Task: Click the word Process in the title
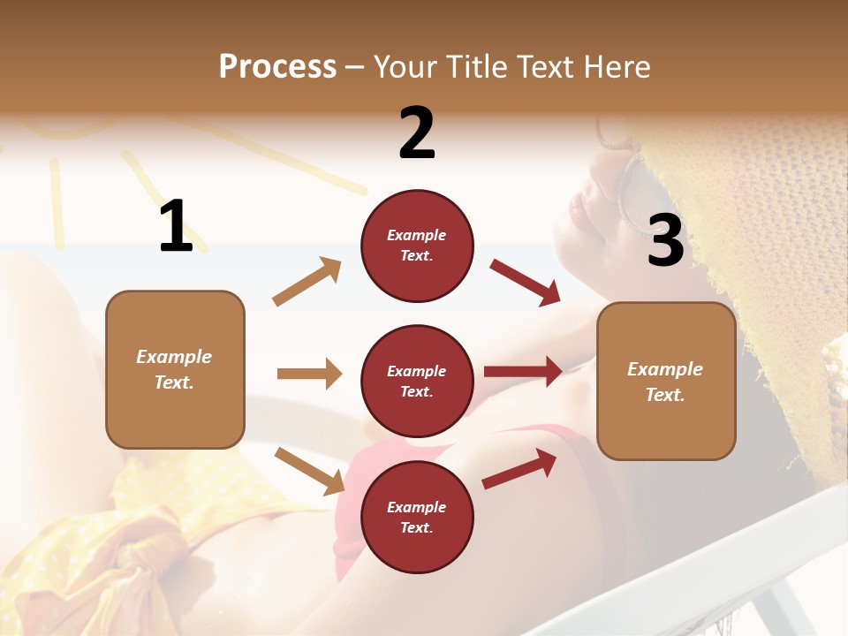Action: (x=277, y=66)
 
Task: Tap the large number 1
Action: (x=176, y=226)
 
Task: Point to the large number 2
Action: (x=417, y=133)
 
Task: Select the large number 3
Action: (x=665, y=241)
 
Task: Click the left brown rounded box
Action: (x=175, y=369)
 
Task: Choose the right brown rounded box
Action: (x=666, y=381)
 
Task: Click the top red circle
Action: (x=417, y=246)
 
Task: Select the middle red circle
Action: (x=417, y=381)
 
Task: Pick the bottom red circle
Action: (x=417, y=517)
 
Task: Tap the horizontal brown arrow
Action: (x=309, y=374)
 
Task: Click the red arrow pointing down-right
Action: (x=526, y=282)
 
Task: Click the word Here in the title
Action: (x=617, y=66)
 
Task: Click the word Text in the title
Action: (x=548, y=66)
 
